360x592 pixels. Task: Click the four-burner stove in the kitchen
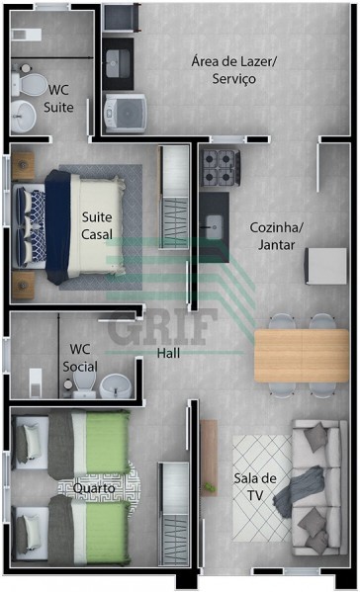click(221, 168)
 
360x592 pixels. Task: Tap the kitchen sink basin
click(214, 227)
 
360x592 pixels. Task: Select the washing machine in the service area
click(125, 114)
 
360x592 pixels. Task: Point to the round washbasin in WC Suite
click(23, 116)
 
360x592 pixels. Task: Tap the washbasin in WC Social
click(116, 385)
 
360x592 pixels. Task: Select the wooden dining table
click(302, 355)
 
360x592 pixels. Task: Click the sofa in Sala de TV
click(319, 487)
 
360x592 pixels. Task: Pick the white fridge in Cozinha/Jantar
click(326, 266)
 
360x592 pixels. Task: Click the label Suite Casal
click(97, 225)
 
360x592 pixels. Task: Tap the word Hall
click(168, 353)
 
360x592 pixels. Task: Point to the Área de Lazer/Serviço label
click(234, 70)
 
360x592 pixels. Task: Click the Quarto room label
click(94, 488)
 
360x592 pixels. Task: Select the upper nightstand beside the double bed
click(23, 166)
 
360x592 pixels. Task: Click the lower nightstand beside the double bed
click(23, 286)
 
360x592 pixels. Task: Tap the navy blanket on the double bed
click(57, 226)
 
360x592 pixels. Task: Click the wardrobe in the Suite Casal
click(174, 197)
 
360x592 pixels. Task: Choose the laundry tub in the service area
click(119, 63)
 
